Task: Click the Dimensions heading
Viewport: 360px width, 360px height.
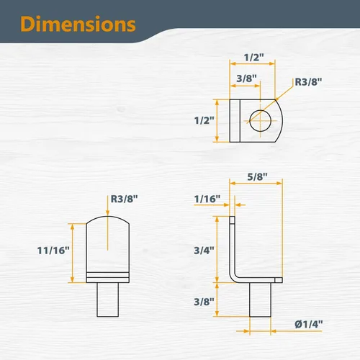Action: [x=78, y=24]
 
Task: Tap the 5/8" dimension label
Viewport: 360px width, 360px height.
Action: [x=257, y=177]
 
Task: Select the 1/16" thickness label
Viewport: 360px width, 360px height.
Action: [x=207, y=199]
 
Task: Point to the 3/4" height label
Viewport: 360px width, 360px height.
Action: [x=204, y=251]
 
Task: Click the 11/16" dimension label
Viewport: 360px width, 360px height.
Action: [x=53, y=251]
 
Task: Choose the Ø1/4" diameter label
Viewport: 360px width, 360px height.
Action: [x=309, y=324]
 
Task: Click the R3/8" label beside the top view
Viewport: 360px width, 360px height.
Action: [x=308, y=82]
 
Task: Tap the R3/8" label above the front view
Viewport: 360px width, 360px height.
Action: [x=125, y=199]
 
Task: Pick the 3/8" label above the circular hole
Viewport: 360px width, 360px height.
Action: [x=246, y=78]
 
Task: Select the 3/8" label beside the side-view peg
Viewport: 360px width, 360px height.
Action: [x=204, y=302]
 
